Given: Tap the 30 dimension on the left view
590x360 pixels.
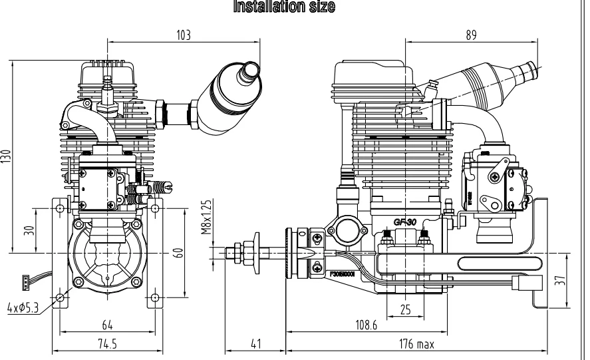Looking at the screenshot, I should point(26,230).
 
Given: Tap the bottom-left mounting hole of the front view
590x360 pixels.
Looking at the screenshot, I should point(61,297).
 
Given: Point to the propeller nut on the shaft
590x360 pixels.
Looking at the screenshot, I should point(255,252).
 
